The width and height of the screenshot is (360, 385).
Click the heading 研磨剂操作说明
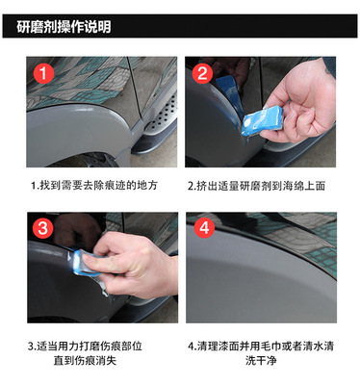pyautogui.click(x=64, y=27)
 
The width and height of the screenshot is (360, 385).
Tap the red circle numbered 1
pyautogui.click(x=43, y=73)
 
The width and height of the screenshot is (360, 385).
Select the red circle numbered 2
pyautogui.click(x=202, y=73)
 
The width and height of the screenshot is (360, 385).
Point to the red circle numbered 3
pyautogui.click(x=43, y=228)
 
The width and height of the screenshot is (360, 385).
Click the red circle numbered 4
pyautogui.click(x=204, y=227)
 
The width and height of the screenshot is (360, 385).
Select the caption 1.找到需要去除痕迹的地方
pyautogui.click(x=94, y=185)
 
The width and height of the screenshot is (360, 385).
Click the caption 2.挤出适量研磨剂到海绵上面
pyautogui.click(x=256, y=186)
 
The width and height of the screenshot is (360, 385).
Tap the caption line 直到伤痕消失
pyautogui.click(x=85, y=360)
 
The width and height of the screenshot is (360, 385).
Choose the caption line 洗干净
pyautogui.click(x=261, y=360)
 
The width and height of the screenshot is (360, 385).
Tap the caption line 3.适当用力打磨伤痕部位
pyautogui.click(x=85, y=346)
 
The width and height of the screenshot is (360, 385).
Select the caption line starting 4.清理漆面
pyautogui.click(x=261, y=346)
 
